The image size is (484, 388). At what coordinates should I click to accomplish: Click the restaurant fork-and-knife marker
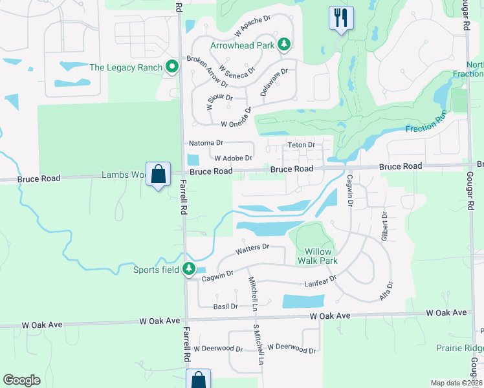tap(340, 17)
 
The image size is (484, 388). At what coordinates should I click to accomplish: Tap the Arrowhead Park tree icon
tap(283, 45)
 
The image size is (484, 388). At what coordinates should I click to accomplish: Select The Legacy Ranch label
tap(126, 67)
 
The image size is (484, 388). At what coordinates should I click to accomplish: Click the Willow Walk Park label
tap(317, 256)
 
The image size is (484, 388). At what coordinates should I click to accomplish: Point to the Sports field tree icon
tap(189, 268)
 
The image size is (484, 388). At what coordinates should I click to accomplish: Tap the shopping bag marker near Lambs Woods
tap(158, 174)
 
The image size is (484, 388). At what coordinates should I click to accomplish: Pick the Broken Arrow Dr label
tap(207, 71)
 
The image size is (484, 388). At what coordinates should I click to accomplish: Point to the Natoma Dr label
tap(205, 142)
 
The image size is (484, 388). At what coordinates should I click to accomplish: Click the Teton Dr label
tap(301, 145)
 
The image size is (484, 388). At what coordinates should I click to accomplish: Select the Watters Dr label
tap(252, 248)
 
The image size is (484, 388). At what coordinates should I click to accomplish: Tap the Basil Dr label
tap(225, 306)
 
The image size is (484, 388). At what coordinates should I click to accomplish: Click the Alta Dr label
tap(386, 291)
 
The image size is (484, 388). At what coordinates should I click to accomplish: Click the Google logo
tap(21, 380)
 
